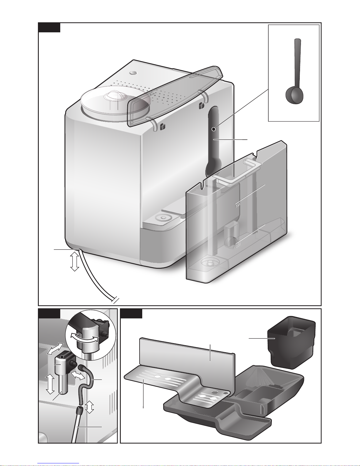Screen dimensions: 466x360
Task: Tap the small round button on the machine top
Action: pos(133,72)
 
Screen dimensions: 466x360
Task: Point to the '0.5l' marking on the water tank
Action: pos(238,244)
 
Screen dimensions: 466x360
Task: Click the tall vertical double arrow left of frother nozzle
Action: pos(50,384)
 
